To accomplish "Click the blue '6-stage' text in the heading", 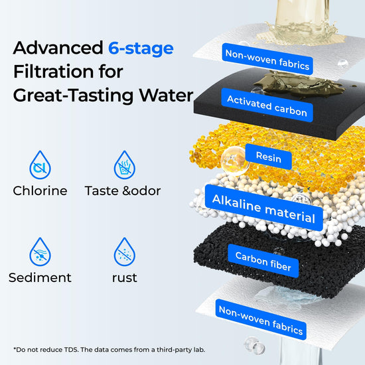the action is pos(141,49).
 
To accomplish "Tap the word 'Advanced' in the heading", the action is pos(58,48).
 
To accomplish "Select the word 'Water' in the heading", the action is pos(166,96).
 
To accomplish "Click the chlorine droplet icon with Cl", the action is pos(40,165).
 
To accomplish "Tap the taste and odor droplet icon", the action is pos(125,165).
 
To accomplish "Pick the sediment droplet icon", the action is pos(40,252).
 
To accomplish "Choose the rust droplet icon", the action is pos(125,252).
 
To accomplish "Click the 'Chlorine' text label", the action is pos(40,191).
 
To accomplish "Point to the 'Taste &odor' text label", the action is pos(123,191).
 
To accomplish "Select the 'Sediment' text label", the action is pos(40,277).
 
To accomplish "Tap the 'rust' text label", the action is pos(125,278).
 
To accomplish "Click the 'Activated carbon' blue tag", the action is pos(267,106).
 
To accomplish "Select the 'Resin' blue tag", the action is pos(269,157).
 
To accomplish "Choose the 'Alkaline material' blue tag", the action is pos(263,208).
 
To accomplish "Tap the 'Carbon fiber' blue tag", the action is pos(263,261).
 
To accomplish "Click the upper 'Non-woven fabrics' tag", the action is pos(267,59).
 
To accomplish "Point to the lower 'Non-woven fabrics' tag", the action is pos(261,320).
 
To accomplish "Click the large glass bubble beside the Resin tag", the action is pos(235,161).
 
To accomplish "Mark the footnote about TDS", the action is pos(110,350).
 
